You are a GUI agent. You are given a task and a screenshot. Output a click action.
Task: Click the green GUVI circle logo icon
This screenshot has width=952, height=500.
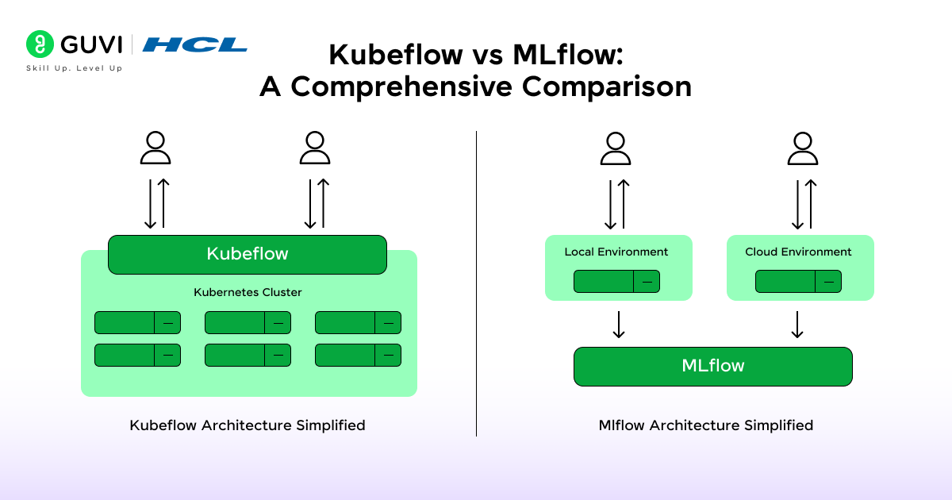(40, 44)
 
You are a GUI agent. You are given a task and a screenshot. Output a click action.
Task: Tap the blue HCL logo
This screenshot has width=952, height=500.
(194, 44)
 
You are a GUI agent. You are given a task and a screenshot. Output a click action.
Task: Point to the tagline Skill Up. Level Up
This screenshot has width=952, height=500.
(75, 68)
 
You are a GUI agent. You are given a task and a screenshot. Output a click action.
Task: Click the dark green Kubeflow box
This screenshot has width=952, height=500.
(247, 254)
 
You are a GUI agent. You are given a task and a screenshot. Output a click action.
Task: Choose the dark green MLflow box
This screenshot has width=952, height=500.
(712, 366)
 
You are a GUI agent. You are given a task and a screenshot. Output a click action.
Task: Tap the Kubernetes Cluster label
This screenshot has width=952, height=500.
(248, 292)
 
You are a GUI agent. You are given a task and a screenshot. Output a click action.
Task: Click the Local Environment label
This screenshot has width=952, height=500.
(616, 252)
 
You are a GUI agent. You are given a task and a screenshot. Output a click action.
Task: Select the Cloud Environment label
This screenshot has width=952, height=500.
(798, 252)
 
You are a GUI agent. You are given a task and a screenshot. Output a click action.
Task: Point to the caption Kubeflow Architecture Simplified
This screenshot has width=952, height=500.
(248, 425)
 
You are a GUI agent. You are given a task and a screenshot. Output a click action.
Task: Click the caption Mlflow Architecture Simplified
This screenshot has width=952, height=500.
(706, 425)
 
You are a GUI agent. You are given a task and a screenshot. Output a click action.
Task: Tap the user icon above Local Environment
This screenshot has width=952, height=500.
(616, 148)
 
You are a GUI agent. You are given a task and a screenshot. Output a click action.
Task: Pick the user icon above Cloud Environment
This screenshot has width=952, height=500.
(803, 148)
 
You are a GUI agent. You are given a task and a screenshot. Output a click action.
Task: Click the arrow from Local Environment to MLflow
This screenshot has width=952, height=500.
(619, 324)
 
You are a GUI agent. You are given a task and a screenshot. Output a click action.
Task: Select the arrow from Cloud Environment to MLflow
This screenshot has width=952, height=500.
(798, 324)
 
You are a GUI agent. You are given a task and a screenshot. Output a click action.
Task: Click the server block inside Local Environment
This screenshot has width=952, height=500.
(616, 281)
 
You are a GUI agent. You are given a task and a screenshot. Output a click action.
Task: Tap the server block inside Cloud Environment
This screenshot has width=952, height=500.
(798, 281)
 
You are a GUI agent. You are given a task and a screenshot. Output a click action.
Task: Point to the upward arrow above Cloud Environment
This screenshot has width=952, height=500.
(810, 204)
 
